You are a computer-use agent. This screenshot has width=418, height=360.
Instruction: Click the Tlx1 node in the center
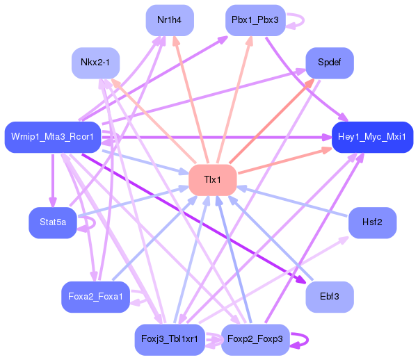[x=212, y=180]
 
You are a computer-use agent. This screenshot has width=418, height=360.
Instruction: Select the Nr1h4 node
[x=170, y=20]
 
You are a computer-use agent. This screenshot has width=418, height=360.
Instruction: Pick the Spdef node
[x=330, y=63]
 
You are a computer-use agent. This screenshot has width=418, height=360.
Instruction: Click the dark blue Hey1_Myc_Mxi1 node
[x=372, y=137]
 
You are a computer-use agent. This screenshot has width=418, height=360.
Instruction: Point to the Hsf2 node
[x=372, y=222]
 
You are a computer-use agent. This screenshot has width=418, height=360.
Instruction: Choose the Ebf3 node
[x=330, y=297]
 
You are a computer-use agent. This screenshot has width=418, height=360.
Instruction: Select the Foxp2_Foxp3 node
[x=255, y=339]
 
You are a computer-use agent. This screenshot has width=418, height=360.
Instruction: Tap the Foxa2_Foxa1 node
[x=95, y=297]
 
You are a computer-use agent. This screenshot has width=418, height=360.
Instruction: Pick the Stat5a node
[x=53, y=222]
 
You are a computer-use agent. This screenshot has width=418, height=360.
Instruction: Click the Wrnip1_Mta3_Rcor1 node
[x=53, y=137]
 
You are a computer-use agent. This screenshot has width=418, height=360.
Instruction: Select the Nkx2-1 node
[x=95, y=63]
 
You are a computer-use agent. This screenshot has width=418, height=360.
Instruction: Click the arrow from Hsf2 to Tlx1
[x=292, y=202]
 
